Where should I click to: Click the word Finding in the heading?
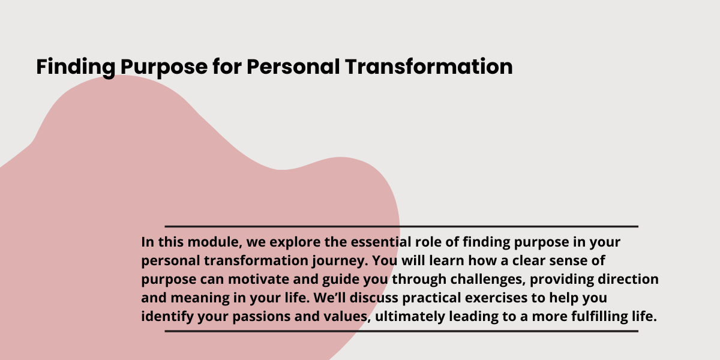(x=76, y=67)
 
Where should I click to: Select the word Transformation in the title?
(x=429, y=67)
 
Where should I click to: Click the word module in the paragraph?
(x=215, y=242)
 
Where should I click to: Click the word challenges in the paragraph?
(x=488, y=280)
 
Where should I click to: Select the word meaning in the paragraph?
(x=200, y=298)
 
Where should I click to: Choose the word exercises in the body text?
(x=496, y=298)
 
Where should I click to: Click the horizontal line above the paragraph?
(x=401, y=227)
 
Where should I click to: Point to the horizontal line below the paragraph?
(x=401, y=331)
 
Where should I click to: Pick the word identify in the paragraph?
(x=167, y=317)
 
